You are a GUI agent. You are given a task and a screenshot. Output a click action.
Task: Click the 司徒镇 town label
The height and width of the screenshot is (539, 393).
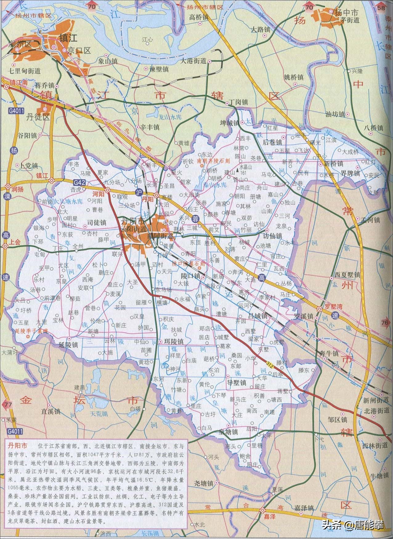click(96, 222)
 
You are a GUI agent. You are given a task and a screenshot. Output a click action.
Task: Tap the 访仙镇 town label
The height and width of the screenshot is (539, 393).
click(272, 236)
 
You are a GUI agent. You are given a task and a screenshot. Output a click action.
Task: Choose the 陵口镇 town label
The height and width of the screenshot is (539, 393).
click(191, 276)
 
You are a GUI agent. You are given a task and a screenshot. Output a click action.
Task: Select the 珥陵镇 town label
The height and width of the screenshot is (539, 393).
click(173, 341)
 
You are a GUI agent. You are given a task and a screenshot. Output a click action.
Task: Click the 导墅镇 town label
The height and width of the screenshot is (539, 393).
click(236, 383)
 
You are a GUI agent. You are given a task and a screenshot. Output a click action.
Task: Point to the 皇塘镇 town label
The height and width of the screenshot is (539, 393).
click(228, 432)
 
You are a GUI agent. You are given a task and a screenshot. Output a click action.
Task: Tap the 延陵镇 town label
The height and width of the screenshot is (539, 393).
click(68, 345)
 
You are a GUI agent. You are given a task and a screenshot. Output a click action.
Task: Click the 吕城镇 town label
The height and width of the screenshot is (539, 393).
click(257, 316)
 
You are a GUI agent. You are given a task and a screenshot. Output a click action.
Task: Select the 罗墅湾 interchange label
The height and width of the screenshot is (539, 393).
click(334, 307)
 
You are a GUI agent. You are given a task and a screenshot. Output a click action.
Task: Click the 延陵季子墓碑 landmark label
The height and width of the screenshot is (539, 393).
click(32, 331)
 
